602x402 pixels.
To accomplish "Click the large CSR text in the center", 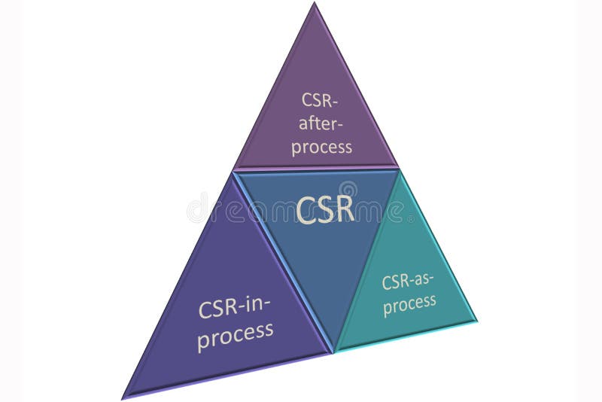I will (x=325, y=209).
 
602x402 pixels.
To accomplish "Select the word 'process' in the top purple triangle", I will (x=321, y=146).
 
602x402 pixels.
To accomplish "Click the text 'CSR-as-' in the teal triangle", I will (x=409, y=282).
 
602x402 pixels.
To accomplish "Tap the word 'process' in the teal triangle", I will (x=409, y=303).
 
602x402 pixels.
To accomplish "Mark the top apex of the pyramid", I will (x=315, y=4).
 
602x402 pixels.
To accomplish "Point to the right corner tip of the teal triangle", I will (x=476, y=320).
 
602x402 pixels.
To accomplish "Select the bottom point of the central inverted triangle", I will (x=333, y=351).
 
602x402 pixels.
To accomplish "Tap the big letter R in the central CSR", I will (x=344, y=209).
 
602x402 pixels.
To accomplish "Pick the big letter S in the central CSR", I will (x=325, y=209).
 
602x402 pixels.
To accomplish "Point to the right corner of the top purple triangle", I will (x=398, y=166).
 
